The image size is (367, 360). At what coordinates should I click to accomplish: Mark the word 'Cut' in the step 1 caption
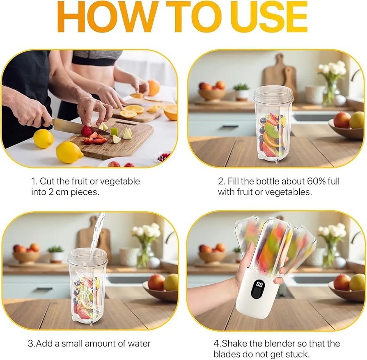pyautogui.click(x=47, y=181)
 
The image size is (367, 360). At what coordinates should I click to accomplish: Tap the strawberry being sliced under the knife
pyautogui.click(x=87, y=131)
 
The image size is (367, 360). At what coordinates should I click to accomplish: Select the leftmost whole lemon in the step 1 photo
pyautogui.click(x=43, y=138)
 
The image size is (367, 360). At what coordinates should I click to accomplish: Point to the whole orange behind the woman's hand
pyautogui.click(x=154, y=87)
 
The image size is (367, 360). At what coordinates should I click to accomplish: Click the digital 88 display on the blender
pyautogui.click(x=259, y=284)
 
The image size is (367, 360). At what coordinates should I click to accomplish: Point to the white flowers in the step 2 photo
pyautogui.click(x=332, y=69)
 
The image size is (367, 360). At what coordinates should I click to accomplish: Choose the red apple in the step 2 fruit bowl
pyautogui.click(x=342, y=120)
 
